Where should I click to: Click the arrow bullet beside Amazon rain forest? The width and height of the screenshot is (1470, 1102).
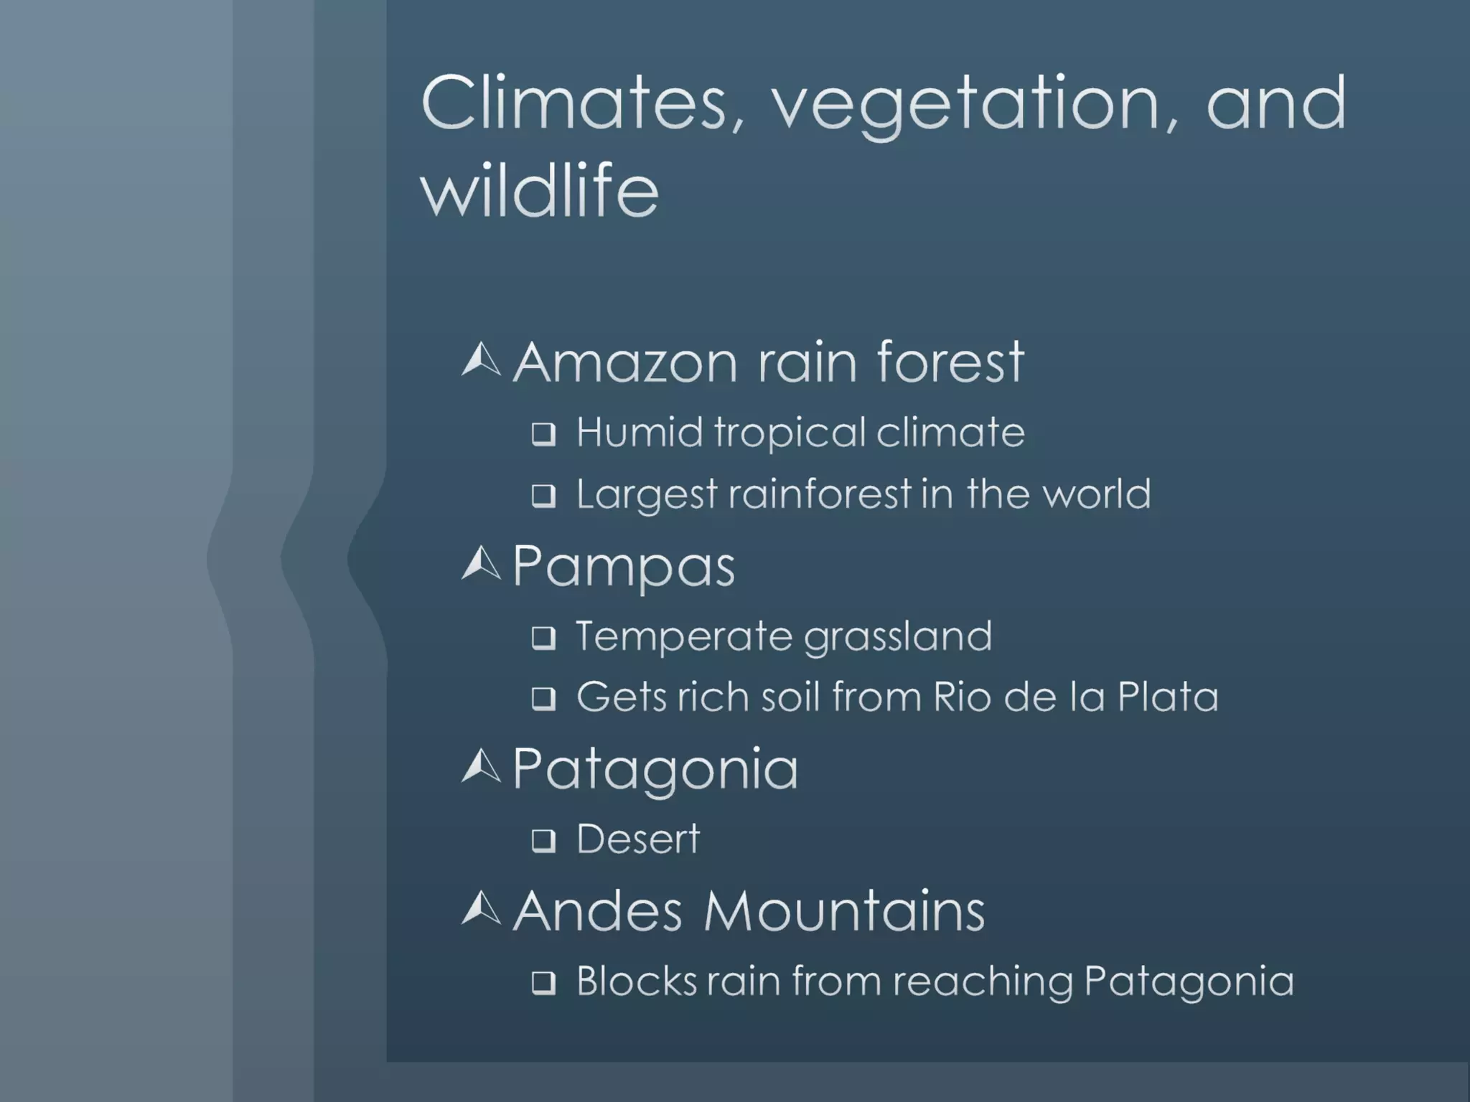(481, 360)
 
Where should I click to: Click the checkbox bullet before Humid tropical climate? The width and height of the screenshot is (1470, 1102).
(543, 434)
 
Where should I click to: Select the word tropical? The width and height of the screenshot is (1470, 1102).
(790, 433)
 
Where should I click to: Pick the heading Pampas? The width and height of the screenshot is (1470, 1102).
(623, 566)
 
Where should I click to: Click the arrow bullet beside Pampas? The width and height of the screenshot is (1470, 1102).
(481, 563)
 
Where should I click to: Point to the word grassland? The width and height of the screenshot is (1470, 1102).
(897, 637)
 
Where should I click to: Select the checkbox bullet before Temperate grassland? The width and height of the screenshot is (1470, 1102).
(543, 637)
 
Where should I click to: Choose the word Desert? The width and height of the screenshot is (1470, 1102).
(637, 839)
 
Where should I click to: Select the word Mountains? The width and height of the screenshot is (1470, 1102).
(844, 910)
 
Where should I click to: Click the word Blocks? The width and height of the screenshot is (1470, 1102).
(636, 981)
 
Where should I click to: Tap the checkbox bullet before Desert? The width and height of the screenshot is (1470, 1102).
(543, 840)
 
